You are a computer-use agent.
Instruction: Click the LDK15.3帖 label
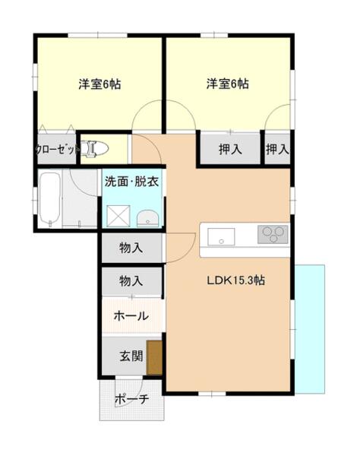click(x=235, y=280)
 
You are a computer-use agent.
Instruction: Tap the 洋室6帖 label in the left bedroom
click(x=99, y=84)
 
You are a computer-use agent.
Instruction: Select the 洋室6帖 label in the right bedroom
click(x=227, y=84)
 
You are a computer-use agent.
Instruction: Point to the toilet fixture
click(x=96, y=148)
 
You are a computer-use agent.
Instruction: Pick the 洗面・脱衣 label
click(x=133, y=182)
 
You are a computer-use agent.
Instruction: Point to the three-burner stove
click(x=273, y=235)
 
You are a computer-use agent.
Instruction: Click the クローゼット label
click(x=57, y=150)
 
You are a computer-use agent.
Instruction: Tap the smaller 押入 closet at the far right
click(x=277, y=149)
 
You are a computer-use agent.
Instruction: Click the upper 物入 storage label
click(x=131, y=247)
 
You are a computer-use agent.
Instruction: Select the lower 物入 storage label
click(x=131, y=281)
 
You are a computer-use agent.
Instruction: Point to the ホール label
click(x=131, y=316)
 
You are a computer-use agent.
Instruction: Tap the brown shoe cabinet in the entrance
click(x=154, y=358)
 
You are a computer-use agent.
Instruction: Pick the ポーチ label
click(x=131, y=400)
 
